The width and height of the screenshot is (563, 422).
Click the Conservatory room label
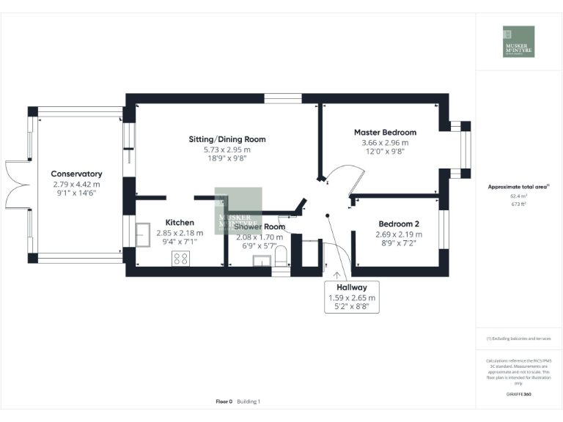76,174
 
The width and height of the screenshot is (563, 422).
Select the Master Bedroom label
385,133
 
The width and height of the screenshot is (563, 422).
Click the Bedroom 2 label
399,223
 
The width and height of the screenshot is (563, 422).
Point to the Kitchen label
180,222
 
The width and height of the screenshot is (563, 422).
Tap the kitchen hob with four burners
180,258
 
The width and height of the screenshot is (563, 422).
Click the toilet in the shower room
279,256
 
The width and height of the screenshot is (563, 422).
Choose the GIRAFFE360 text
518,393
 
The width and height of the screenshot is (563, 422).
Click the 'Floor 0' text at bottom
224,401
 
